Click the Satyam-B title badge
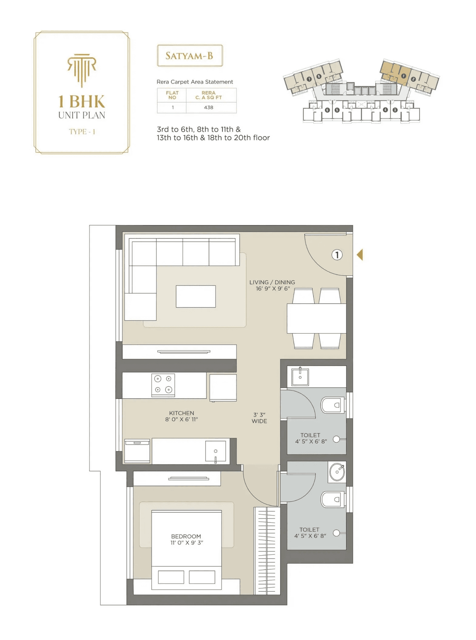coord(190,56)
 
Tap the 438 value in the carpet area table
coord(209,107)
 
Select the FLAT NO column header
coord(172,95)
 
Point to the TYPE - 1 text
coord(82,132)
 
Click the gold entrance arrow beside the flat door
coord(360,255)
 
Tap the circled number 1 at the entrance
coord(337,255)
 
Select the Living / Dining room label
coord(272,285)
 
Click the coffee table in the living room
coord(196,296)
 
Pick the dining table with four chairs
coord(316,318)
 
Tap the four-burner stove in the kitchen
coord(163,385)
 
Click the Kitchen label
coord(181,416)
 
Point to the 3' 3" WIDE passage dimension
coord(259,418)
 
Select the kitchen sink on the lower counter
coord(215,451)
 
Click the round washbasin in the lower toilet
coord(337,472)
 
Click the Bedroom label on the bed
coord(186,539)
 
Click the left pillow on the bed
coord(171,577)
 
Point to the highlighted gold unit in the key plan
coord(394,72)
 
